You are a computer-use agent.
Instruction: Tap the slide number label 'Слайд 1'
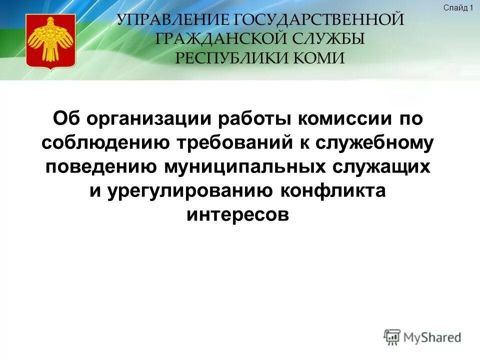tap(457, 7)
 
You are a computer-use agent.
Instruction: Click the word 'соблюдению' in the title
tap(106, 143)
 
